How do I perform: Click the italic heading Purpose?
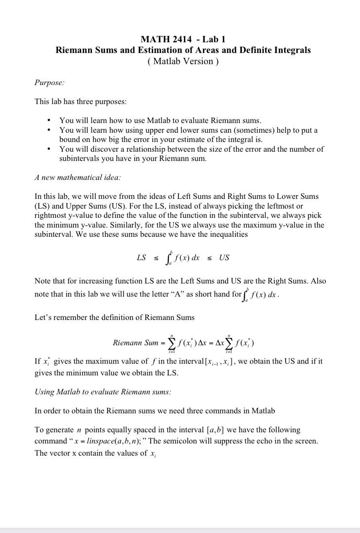coord(49,83)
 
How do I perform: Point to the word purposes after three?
coord(110,102)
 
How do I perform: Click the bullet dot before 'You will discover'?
coord(49,149)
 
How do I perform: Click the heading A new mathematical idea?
coord(78,178)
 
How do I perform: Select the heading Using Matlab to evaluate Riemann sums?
coord(103,391)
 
